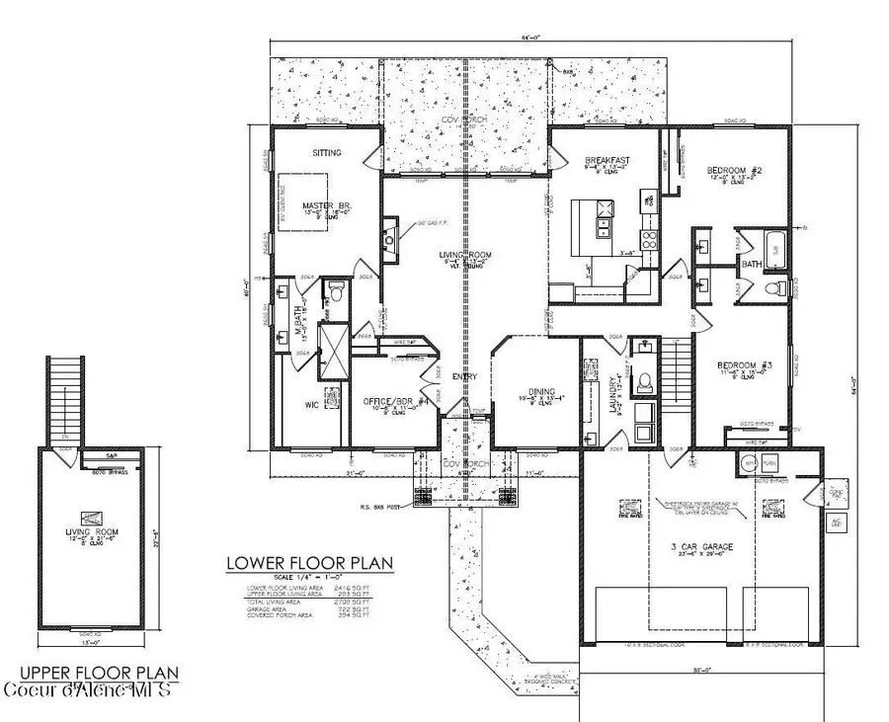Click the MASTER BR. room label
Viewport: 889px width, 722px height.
(327, 206)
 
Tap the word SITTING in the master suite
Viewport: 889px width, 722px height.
(327, 153)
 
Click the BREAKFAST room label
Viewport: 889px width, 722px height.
(607, 160)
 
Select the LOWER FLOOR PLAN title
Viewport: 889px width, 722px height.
(309, 564)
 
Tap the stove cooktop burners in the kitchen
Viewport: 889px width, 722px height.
(649, 237)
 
